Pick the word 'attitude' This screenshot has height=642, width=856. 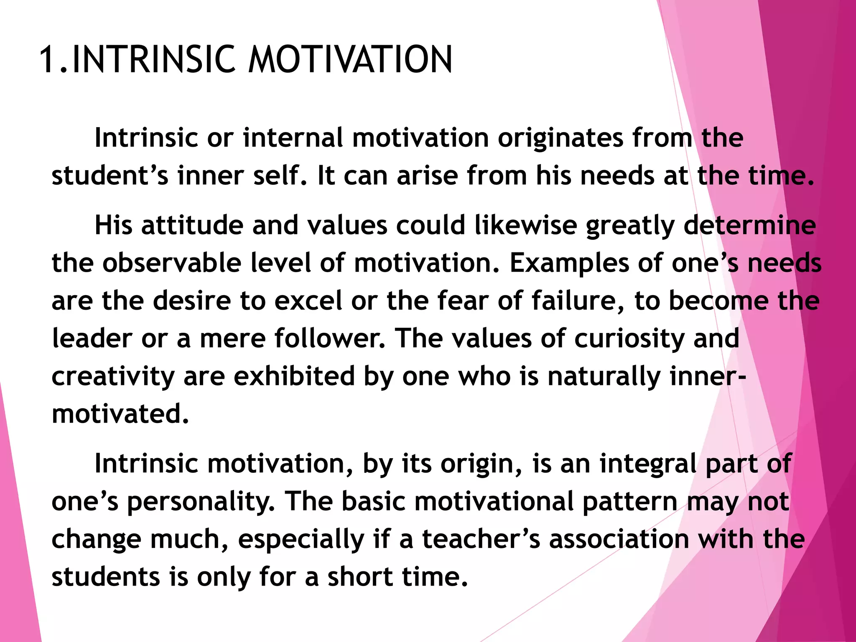192,225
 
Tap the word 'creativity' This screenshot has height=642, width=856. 113,377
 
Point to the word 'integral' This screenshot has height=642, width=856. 648,464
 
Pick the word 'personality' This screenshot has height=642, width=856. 201,502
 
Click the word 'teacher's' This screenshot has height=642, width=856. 481,539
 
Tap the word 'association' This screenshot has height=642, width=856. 619,539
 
